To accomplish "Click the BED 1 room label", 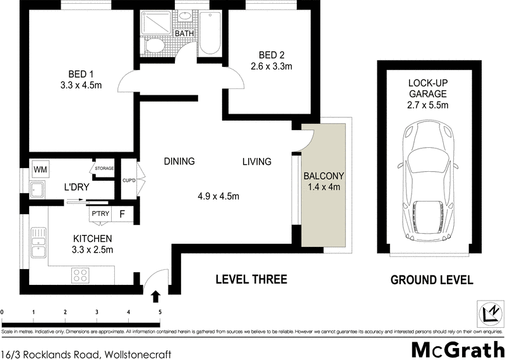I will point(81,71).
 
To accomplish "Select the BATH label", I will point(184,33).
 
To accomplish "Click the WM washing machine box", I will point(40,169).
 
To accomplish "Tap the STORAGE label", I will point(104,169).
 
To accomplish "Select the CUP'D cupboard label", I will point(129,181).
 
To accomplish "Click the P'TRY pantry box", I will point(101,213).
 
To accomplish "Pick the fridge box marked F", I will point(122,213).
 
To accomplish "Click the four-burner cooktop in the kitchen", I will point(81,275).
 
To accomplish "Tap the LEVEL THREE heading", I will point(251,279).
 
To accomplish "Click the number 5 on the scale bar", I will point(160,311).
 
